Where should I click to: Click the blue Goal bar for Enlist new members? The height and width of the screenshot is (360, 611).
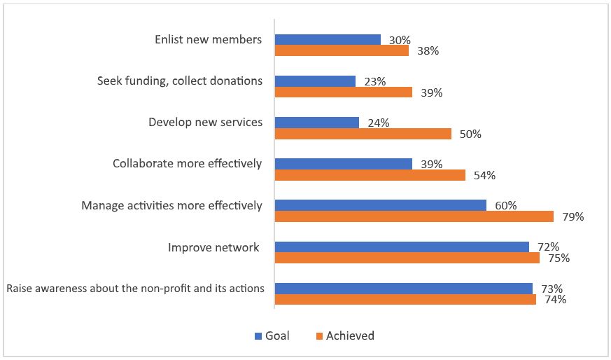pos(328,40)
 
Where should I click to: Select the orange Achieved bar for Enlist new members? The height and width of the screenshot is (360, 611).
pos(342,50)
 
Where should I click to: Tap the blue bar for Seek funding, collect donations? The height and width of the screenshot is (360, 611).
pos(315,81)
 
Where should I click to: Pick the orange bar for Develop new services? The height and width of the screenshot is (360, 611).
pos(363,134)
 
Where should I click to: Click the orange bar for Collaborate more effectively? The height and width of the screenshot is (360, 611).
pos(370,175)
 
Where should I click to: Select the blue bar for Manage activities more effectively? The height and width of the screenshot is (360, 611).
pos(381,205)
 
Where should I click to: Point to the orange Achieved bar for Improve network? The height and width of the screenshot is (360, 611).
pos(407,258)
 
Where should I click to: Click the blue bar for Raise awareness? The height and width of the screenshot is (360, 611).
pos(404,289)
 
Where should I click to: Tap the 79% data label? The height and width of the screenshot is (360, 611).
pos(573,216)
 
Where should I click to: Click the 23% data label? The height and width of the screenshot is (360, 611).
pos(375,81)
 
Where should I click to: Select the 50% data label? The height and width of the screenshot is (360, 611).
pos(470,134)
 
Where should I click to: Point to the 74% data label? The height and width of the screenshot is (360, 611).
pos(555,299)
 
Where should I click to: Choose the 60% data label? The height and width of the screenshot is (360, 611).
pos(505,205)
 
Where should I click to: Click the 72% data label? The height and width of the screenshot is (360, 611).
pos(548,247)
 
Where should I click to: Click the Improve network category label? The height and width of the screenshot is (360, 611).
pos(213,247)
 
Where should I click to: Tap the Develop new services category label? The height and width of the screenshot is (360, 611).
pos(205,122)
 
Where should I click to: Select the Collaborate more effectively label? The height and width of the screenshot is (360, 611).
pos(187,163)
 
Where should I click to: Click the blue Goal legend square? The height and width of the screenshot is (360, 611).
pos(257,336)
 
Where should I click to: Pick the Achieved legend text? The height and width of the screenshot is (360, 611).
pos(350,335)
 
